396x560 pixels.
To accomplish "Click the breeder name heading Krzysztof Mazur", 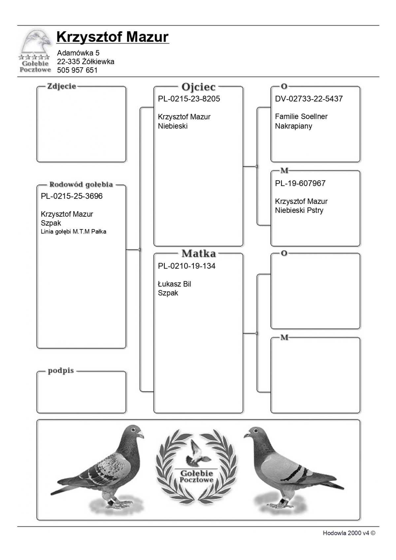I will [113, 37].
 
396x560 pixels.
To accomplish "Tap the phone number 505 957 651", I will [77, 70].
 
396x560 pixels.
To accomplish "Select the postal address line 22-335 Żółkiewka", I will [85, 62].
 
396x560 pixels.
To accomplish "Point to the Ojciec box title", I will [198, 87].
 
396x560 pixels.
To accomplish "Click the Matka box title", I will [198, 254].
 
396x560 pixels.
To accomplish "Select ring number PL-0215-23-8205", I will [189, 99].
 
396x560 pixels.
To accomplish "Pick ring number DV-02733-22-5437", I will [309, 99].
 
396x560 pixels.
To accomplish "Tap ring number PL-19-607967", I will [300, 183].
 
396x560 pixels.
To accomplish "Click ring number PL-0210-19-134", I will [186, 266].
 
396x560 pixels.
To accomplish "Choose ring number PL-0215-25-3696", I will [72, 196].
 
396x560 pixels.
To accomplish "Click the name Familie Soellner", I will [301, 117].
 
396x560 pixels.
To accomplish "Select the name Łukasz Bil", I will [174, 284].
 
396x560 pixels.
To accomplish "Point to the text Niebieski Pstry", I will [299, 210].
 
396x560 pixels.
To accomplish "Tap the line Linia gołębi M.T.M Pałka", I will [73, 232].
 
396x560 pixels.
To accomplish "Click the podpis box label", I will [61, 371].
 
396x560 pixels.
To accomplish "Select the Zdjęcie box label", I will [62, 86].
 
